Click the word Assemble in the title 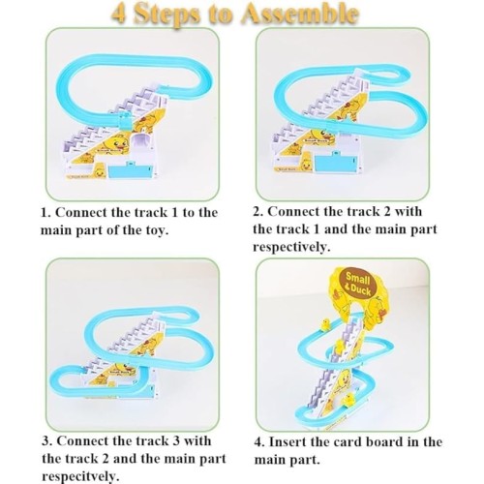click(300, 14)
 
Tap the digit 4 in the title click(119, 14)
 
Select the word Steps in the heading click(166, 15)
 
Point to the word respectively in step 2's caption click(291, 248)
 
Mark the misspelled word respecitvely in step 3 click(80, 477)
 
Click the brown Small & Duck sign click(357, 284)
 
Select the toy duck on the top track click(325, 325)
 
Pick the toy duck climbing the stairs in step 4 click(340, 347)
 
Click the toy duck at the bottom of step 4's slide click(349, 400)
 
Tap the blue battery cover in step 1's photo click(131, 170)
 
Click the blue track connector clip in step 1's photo click(125, 121)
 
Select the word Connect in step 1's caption click(81, 213)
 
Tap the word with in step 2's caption click(408, 212)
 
